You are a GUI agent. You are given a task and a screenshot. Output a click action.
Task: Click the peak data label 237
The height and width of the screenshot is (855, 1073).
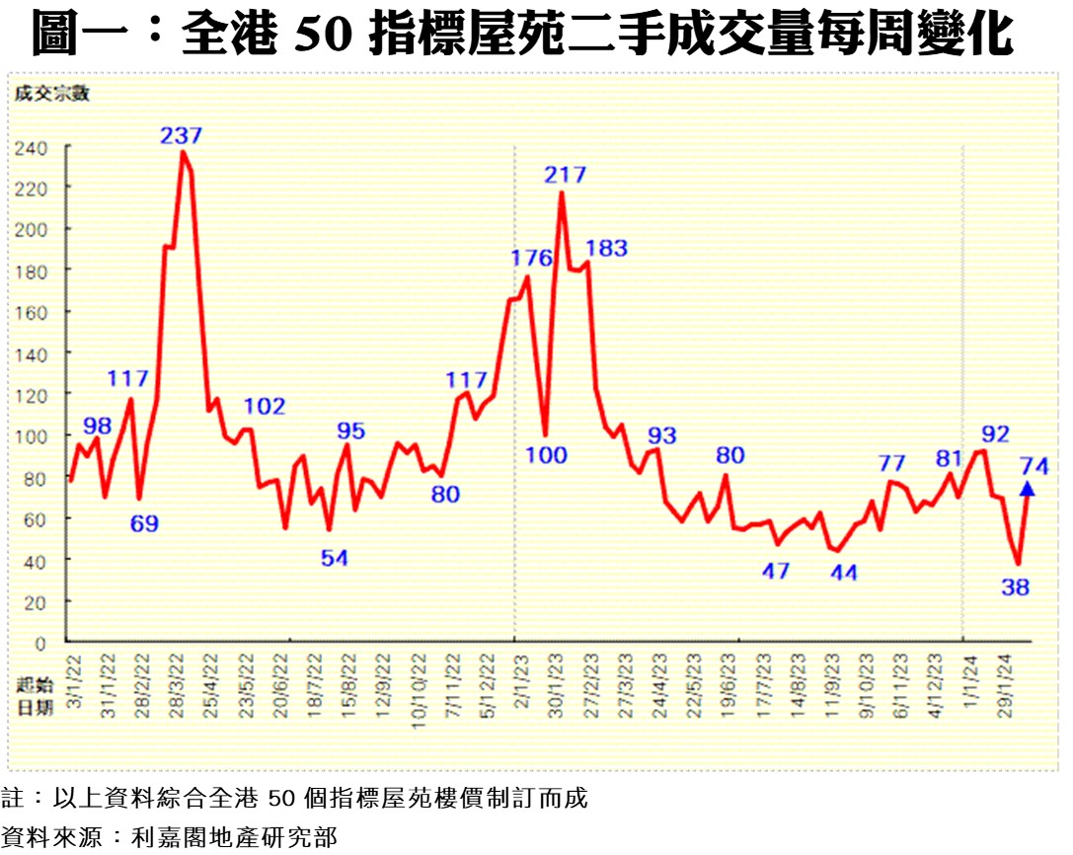click(x=182, y=135)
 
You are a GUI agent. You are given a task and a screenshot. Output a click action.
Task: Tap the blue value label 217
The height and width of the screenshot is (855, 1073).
click(x=566, y=176)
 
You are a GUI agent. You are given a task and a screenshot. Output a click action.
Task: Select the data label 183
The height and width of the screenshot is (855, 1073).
click(x=606, y=248)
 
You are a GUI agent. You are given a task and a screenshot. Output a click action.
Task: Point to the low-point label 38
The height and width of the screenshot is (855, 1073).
click(x=1015, y=587)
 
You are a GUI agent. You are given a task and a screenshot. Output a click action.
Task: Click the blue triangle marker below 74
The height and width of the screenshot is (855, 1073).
click(x=1027, y=488)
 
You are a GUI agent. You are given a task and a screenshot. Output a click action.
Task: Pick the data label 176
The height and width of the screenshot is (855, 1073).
click(x=531, y=259)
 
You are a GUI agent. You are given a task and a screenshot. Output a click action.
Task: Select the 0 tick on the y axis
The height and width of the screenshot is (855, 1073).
click(x=40, y=644)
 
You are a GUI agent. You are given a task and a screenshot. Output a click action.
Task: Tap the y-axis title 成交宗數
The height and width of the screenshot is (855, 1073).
click(x=51, y=94)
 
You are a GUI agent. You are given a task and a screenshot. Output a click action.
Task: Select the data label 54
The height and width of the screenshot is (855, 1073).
click(x=335, y=559)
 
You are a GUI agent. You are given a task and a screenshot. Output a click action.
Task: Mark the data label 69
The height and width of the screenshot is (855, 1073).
click(x=144, y=523)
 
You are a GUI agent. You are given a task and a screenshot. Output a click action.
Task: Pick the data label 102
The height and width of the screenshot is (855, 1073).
click(x=265, y=407)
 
